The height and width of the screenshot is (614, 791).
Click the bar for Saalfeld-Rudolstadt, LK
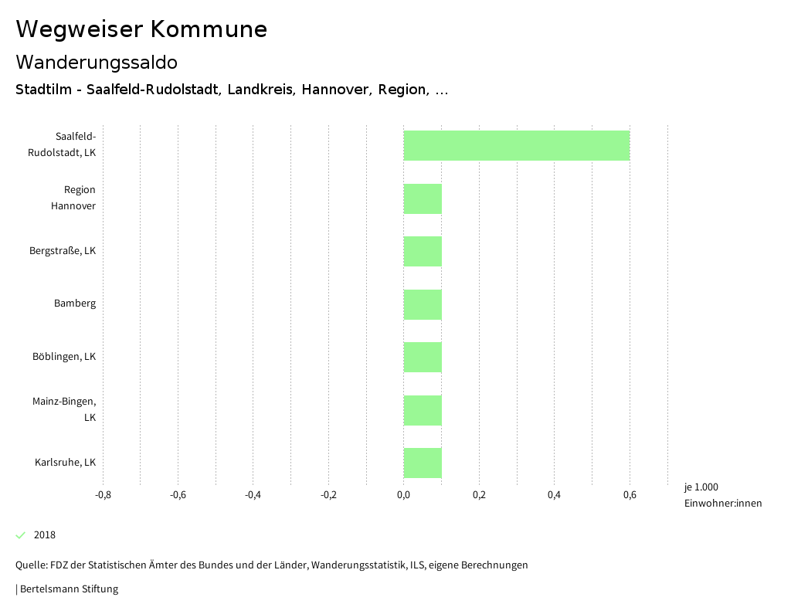click(516, 145)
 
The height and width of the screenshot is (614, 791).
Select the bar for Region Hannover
click(423, 198)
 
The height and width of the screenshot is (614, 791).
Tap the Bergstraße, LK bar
click(423, 251)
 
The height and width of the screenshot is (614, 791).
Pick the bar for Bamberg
click(423, 304)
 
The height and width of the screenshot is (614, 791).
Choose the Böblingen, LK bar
click(423, 357)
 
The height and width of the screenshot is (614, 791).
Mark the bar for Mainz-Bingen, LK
click(423, 410)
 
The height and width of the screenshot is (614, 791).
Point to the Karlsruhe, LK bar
click(423, 463)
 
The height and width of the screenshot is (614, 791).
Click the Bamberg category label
click(75, 304)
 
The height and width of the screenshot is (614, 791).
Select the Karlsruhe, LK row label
click(65, 463)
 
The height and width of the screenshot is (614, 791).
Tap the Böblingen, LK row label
click(64, 357)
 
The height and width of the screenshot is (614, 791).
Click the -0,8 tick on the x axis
click(103, 495)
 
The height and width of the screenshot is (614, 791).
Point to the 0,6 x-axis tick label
click(630, 495)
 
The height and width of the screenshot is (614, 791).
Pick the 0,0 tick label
click(403, 495)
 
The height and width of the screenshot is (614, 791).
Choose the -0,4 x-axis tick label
click(253, 495)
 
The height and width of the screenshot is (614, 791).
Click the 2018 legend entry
click(45, 535)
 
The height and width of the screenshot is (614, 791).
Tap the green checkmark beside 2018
click(21, 535)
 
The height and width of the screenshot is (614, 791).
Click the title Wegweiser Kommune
click(141, 29)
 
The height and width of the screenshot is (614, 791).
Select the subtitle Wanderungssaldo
click(97, 62)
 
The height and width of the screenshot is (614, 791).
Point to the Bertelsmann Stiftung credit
click(68, 589)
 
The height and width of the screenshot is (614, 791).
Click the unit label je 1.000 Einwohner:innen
click(722, 495)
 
